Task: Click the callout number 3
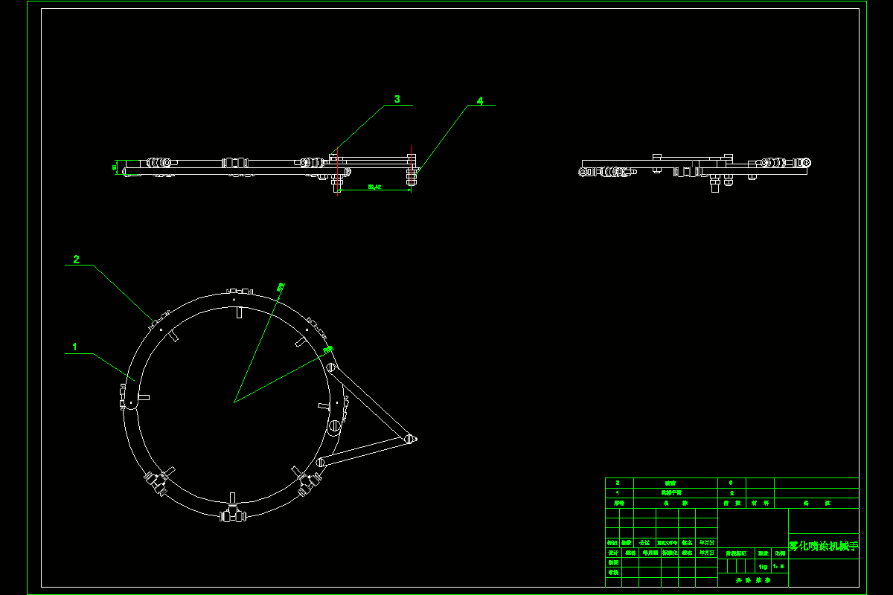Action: coord(397,99)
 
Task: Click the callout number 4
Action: coord(480,100)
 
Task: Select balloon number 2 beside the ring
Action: coord(76,260)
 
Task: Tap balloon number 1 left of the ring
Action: coord(74,347)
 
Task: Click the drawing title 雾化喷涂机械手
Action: coord(823,546)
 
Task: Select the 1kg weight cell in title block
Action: coord(763,566)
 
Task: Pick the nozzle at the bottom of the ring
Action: coord(233,514)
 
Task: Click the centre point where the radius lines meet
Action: coord(234,402)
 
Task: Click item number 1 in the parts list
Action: coord(618,492)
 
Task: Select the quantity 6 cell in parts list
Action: coord(732,483)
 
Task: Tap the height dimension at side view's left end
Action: coord(115,167)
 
